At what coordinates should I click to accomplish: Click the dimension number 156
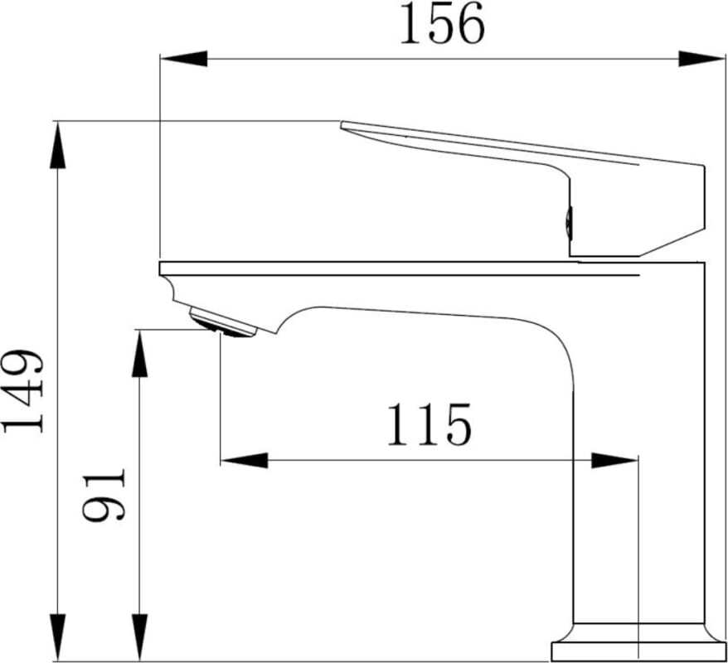coord(442,24)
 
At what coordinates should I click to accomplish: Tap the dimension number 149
coord(23,391)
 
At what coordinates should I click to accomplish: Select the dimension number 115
coord(429,424)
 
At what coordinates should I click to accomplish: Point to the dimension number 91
coord(104,495)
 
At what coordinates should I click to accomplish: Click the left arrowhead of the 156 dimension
coord(184,59)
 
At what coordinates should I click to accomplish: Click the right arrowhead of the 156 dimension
coord(701,59)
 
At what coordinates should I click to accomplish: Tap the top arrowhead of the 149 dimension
coord(57,145)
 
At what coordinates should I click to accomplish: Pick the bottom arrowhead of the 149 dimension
coord(57,637)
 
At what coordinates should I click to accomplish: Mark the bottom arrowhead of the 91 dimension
coord(140,637)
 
